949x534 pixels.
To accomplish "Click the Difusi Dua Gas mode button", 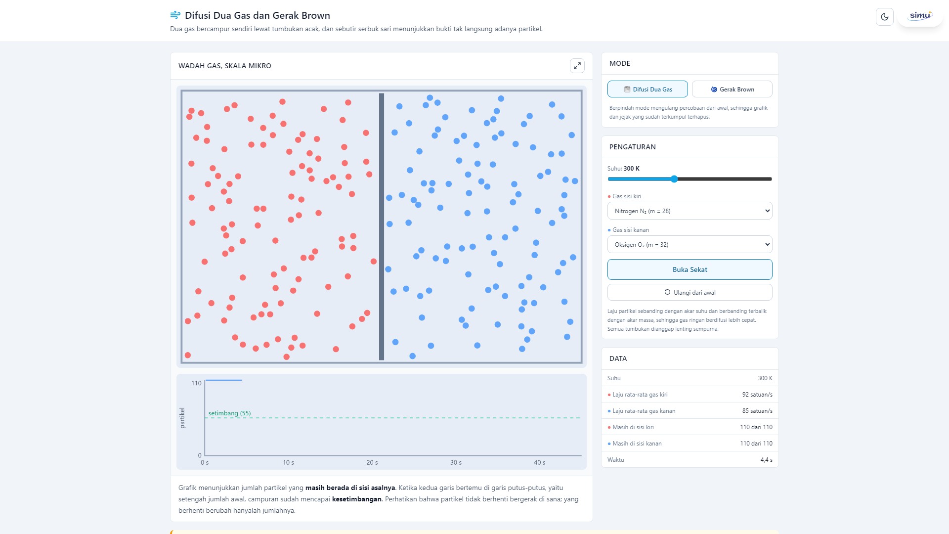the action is coord(647,89).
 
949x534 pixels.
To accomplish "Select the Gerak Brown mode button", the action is coord(732,89).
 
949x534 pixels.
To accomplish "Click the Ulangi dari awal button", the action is coord(690,292).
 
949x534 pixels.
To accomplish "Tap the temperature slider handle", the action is coord(674,179).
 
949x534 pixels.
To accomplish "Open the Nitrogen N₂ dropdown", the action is coord(690,211).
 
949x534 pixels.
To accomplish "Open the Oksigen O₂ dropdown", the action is coord(690,244).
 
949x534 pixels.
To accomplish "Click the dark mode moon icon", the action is coord(885,17).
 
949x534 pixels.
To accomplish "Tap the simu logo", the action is coord(920,16).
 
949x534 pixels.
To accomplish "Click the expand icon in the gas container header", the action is coord(577,66).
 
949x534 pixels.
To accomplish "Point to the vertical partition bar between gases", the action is coord(382,226).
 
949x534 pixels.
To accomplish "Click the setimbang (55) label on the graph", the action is coord(229,413).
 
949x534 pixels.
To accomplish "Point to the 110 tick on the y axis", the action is coord(196,383).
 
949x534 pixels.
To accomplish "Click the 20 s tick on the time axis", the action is coord(372,462).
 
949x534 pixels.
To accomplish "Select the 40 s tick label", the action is coord(540,462).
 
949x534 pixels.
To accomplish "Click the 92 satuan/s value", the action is coord(757,395).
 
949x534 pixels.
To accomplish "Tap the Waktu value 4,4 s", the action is coord(767,460).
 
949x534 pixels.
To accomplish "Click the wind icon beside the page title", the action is coord(175,15).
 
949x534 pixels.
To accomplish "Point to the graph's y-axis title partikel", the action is coord(182,418).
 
